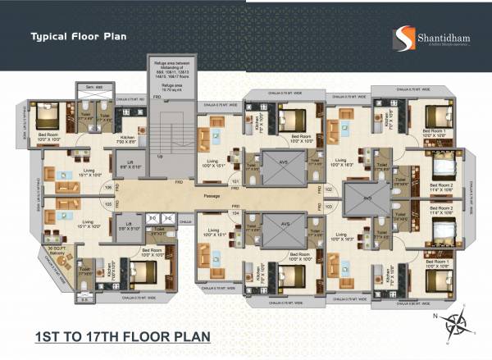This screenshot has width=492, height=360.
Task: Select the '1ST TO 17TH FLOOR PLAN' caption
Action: (x=124, y=335)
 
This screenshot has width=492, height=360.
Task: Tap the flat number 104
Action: (x=235, y=212)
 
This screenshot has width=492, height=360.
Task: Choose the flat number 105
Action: (x=108, y=206)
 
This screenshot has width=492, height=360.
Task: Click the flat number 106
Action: (x=108, y=187)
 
